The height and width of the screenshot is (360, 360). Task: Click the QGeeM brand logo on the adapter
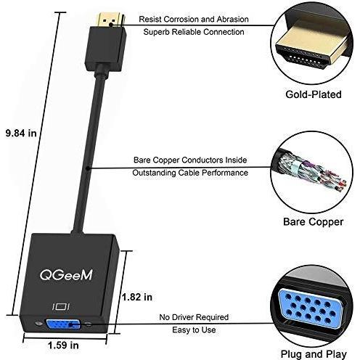(x=66, y=275)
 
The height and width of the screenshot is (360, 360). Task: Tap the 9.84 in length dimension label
(x=21, y=133)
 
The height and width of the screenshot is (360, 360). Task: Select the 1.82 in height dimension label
(x=137, y=297)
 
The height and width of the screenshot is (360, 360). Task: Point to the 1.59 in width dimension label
(x=63, y=345)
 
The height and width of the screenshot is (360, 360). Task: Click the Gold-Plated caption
(x=314, y=94)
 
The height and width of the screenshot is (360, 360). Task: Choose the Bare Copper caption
(x=314, y=222)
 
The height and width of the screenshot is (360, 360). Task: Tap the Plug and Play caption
(x=314, y=354)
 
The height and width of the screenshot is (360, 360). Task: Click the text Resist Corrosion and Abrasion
(x=194, y=19)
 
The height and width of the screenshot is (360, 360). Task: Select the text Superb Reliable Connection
(x=194, y=32)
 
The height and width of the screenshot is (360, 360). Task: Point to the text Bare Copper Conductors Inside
(x=190, y=160)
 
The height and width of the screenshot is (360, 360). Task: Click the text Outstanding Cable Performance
(x=190, y=173)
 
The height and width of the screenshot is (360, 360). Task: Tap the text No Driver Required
(x=194, y=317)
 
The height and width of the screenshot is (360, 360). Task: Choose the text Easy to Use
(x=194, y=330)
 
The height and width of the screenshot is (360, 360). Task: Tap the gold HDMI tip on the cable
(x=110, y=20)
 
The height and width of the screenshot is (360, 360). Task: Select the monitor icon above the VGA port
(x=61, y=306)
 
